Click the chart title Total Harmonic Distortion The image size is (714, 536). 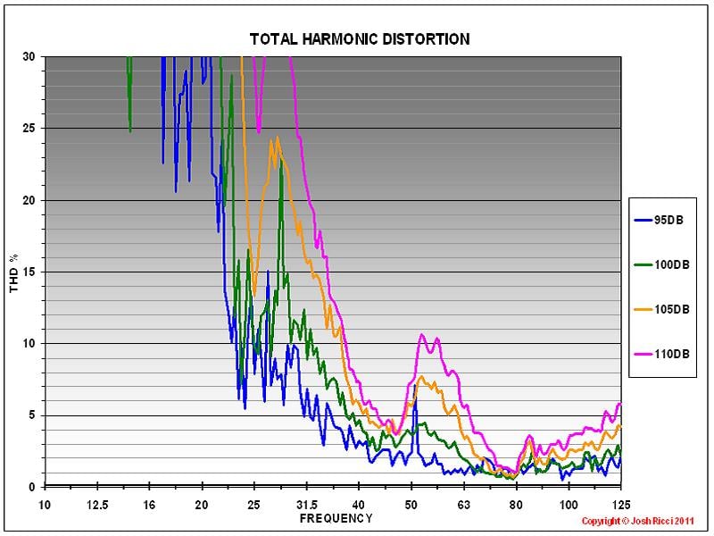tap(359, 39)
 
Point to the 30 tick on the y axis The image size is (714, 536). tap(29, 56)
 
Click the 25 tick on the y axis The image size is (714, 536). tap(29, 128)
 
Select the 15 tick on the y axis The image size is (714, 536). tap(29, 272)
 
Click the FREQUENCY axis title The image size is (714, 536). tap(335, 518)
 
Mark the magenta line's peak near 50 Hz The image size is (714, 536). tap(421, 335)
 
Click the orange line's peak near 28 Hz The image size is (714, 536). tap(278, 137)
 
